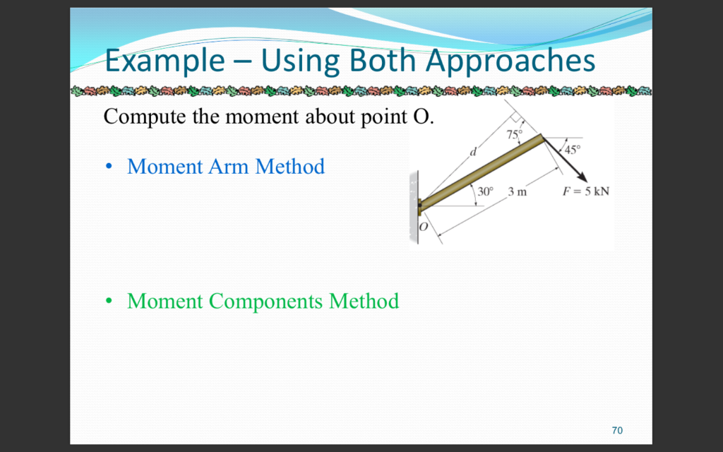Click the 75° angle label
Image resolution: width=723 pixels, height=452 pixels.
click(x=515, y=133)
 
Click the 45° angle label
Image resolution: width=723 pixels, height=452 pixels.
click(x=570, y=150)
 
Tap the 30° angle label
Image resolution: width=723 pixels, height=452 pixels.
click(x=484, y=191)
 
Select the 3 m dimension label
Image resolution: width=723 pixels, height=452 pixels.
click(x=518, y=191)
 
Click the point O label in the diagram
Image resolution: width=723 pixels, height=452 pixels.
click(x=424, y=227)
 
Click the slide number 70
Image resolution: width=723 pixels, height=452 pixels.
click(x=617, y=430)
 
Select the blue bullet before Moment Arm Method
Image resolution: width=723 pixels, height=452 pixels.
click(x=109, y=167)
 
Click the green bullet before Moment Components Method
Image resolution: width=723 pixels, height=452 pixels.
click(x=109, y=302)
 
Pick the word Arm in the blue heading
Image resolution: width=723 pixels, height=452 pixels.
click(x=229, y=167)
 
